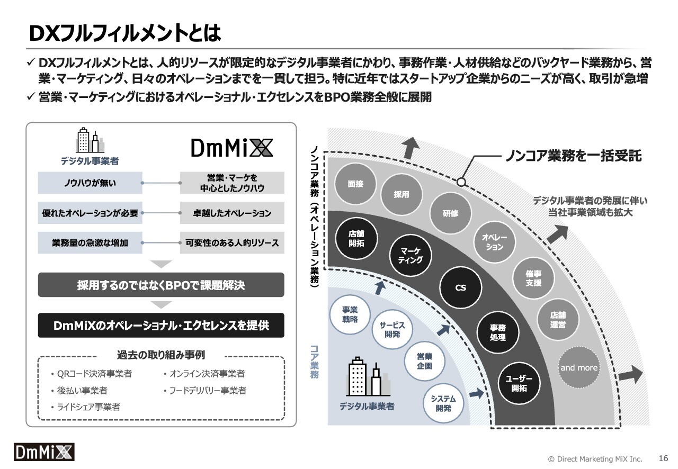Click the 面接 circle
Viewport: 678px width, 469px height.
pyautogui.click(x=355, y=184)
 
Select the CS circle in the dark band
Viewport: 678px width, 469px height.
pyautogui.click(x=460, y=287)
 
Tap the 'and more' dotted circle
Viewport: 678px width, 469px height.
pyautogui.click(x=579, y=367)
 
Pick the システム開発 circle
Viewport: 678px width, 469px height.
pyautogui.click(x=443, y=403)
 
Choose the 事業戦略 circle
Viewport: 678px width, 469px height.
pyautogui.click(x=350, y=314)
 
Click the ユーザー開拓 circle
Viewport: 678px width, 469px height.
pyautogui.click(x=519, y=383)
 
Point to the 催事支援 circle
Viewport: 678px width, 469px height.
pyautogui.click(x=533, y=278)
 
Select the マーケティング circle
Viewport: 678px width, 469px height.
pyautogui.click(x=410, y=255)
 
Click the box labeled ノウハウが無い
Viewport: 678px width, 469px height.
pyautogui.click(x=90, y=183)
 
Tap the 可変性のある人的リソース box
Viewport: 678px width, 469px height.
pyautogui.click(x=232, y=242)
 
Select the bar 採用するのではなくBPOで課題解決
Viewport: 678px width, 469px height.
pyautogui.click(x=161, y=285)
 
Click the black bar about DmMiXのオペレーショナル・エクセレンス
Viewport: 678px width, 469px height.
pyautogui.click(x=161, y=325)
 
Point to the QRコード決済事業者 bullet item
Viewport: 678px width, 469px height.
pyautogui.click(x=92, y=374)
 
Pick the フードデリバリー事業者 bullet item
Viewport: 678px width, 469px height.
pyautogui.click(x=205, y=390)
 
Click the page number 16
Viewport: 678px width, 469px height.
pyautogui.click(x=663, y=458)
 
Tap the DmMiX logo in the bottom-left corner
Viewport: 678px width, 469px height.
pyautogui.click(x=44, y=452)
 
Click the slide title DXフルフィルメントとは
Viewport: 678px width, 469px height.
pyautogui.click(x=125, y=33)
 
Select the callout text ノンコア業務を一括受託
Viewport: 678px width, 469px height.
pyautogui.click(x=573, y=156)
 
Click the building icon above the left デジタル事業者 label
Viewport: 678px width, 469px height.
pyautogui.click(x=90, y=140)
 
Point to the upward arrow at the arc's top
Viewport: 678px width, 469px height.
pyautogui.click(x=410, y=148)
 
